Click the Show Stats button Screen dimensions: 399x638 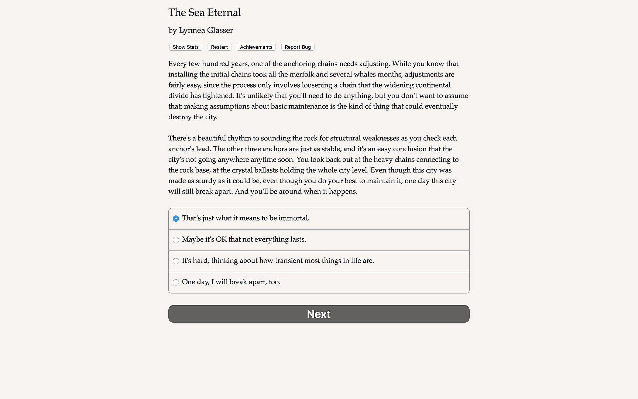click(x=186, y=47)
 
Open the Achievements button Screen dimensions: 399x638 click(x=256, y=47)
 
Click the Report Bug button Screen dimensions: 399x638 click(x=298, y=47)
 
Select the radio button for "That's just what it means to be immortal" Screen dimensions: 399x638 click(x=176, y=218)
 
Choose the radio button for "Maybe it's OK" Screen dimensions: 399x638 click(x=176, y=240)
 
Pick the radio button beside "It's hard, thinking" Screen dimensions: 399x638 click(x=176, y=261)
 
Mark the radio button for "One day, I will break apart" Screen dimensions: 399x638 click(x=176, y=282)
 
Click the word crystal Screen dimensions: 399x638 click(x=242, y=170)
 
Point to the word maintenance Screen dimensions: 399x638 click(x=299, y=106)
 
